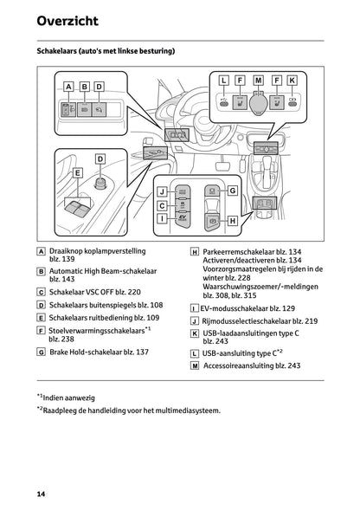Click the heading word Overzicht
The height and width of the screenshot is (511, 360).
(67, 21)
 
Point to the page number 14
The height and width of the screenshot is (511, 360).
(41, 494)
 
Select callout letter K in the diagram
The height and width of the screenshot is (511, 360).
(292, 81)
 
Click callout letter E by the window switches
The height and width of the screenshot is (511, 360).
(77, 173)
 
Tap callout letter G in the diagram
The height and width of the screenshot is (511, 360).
(232, 190)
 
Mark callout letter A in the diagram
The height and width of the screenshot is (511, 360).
(67, 87)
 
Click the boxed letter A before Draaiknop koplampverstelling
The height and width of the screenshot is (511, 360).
(42, 250)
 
